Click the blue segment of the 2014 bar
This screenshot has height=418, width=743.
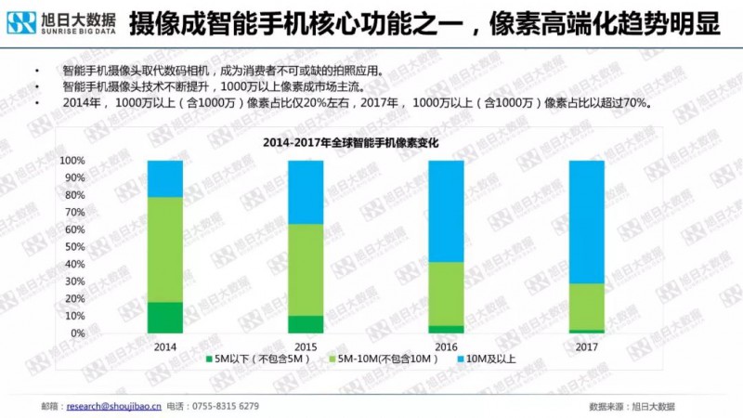[165, 179]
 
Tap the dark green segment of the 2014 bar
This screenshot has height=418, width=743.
[165, 317]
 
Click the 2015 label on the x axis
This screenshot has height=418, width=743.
[306, 346]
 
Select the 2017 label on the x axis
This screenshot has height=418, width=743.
[586, 346]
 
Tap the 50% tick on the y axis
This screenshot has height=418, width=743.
[75, 247]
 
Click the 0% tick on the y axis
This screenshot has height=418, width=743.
[79, 333]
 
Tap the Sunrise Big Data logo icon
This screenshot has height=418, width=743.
[20, 22]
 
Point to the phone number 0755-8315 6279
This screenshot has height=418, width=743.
[226, 406]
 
